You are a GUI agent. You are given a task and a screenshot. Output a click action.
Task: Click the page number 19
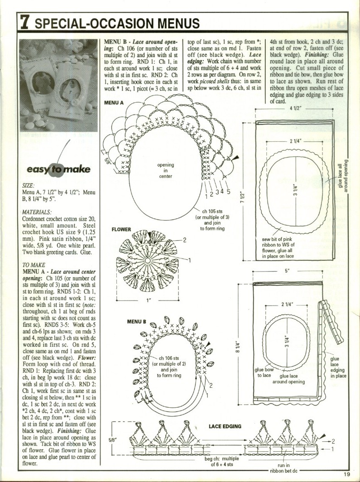pyautogui.click(x=347, y=474)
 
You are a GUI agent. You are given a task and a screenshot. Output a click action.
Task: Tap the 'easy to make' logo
pyautogui.click(x=58, y=170)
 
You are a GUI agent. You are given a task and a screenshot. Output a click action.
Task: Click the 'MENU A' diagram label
pyautogui.click(x=114, y=103)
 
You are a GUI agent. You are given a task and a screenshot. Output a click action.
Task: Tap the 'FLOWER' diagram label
pyautogui.click(x=121, y=229)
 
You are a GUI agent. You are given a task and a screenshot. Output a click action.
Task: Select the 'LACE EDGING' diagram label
pyautogui.click(x=225, y=426)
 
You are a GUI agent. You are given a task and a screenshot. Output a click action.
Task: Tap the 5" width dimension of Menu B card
pyautogui.click(x=287, y=272)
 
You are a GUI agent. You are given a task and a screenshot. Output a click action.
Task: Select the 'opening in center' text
pyautogui.click(x=165, y=171)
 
